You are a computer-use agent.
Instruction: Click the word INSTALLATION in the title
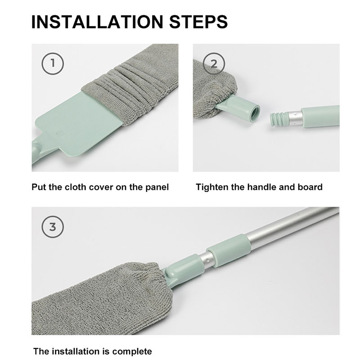[97, 22]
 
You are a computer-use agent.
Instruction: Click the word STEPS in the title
[198, 22]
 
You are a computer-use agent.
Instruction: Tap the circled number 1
[53, 63]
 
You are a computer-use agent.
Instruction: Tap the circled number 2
[214, 63]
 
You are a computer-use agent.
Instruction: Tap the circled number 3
[53, 227]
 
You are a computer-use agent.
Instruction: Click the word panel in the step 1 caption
[157, 187]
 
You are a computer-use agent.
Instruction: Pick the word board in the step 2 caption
[310, 187]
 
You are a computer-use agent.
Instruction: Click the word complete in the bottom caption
[132, 352]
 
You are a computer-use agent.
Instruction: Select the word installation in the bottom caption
[76, 351]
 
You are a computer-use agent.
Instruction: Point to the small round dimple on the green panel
[59, 134]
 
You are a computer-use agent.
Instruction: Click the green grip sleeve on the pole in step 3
[228, 251]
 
